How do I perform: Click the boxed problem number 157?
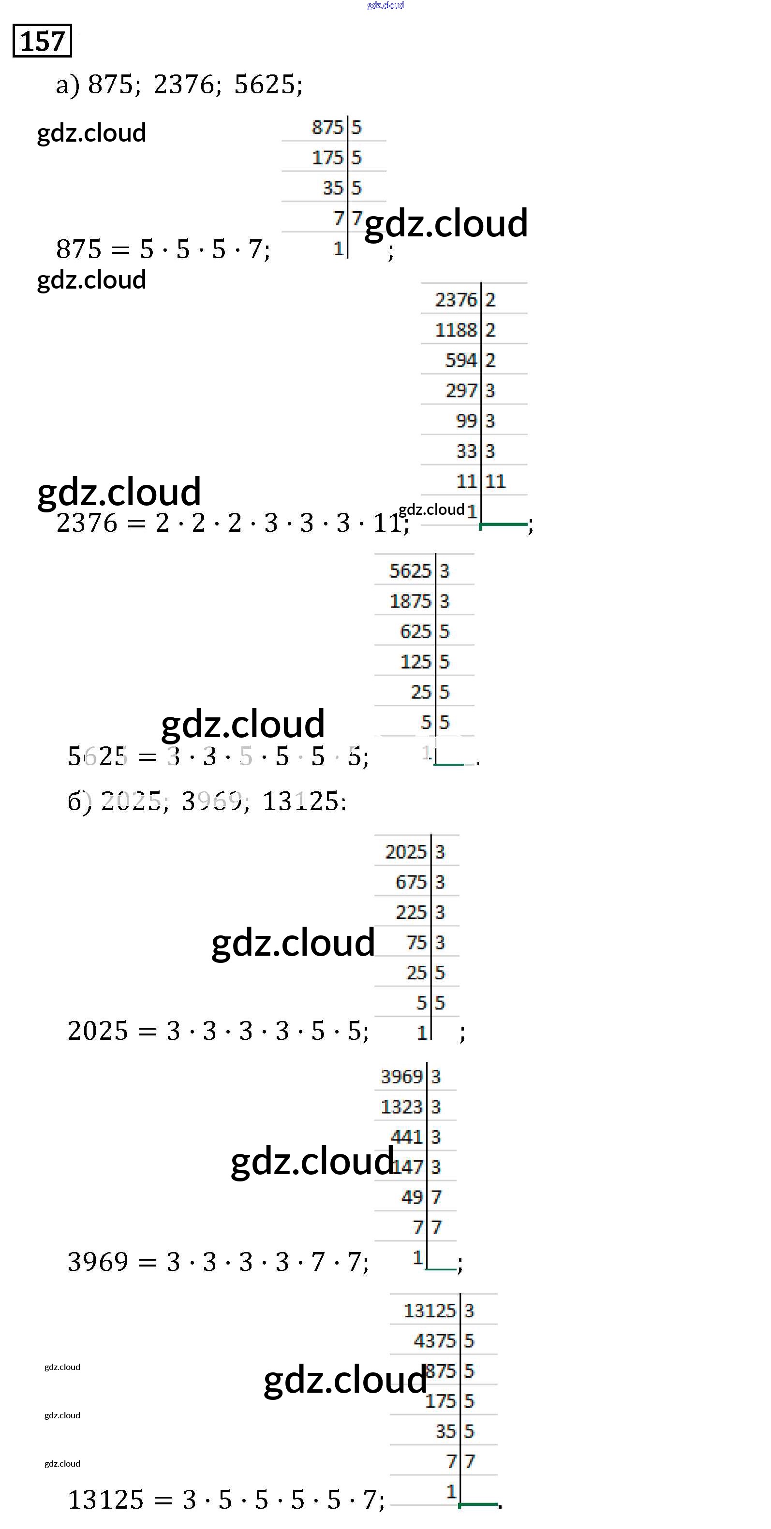(x=42, y=41)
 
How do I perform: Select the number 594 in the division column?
(x=461, y=360)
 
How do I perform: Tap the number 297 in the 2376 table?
(x=461, y=391)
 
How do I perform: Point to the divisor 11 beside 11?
(x=495, y=481)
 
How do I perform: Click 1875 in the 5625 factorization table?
(x=410, y=601)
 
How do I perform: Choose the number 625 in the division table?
(x=415, y=631)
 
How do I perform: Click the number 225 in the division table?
(x=411, y=912)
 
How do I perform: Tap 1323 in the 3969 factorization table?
(x=401, y=1107)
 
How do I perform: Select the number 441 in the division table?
(x=407, y=1136)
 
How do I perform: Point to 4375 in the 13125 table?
(x=435, y=1341)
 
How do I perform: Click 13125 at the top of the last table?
(x=430, y=1311)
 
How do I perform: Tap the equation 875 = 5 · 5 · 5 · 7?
(x=163, y=249)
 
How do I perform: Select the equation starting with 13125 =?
(x=226, y=1500)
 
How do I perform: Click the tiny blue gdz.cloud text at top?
(x=385, y=5)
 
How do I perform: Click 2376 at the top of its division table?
(x=456, y=300)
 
